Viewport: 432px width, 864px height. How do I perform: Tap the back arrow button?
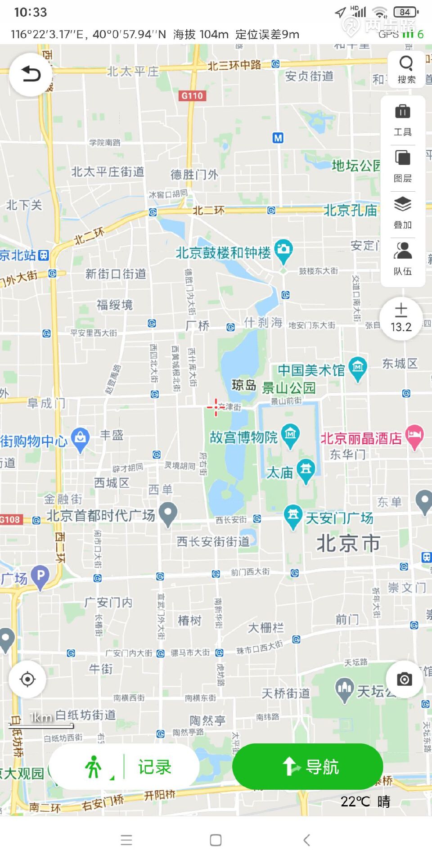[x=31, y=74]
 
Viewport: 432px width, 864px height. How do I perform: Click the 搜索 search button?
[x=406, y=69]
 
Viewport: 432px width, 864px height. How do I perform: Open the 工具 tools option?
[x=403, y=120]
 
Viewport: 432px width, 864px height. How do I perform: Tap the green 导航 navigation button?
[x=308, y=766]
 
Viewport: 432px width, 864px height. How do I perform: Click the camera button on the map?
[x=404, y=679]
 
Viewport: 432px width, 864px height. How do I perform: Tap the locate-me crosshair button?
[x=27, y=679]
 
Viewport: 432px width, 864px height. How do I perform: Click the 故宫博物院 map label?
[x=243, y=437]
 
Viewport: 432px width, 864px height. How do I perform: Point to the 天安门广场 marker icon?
[x=293, y=516]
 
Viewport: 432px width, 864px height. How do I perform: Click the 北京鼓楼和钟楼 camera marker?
[x=283, y=250]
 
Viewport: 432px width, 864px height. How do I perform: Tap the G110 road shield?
[x=192, y=95]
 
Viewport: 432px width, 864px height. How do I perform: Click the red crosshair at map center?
[x=216, y=407]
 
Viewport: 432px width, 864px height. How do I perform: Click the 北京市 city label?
[x=348, y=543]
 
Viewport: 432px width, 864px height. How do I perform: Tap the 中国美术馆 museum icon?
[x=358, y=368]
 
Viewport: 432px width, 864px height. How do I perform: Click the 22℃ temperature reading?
[x=355, y=801]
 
